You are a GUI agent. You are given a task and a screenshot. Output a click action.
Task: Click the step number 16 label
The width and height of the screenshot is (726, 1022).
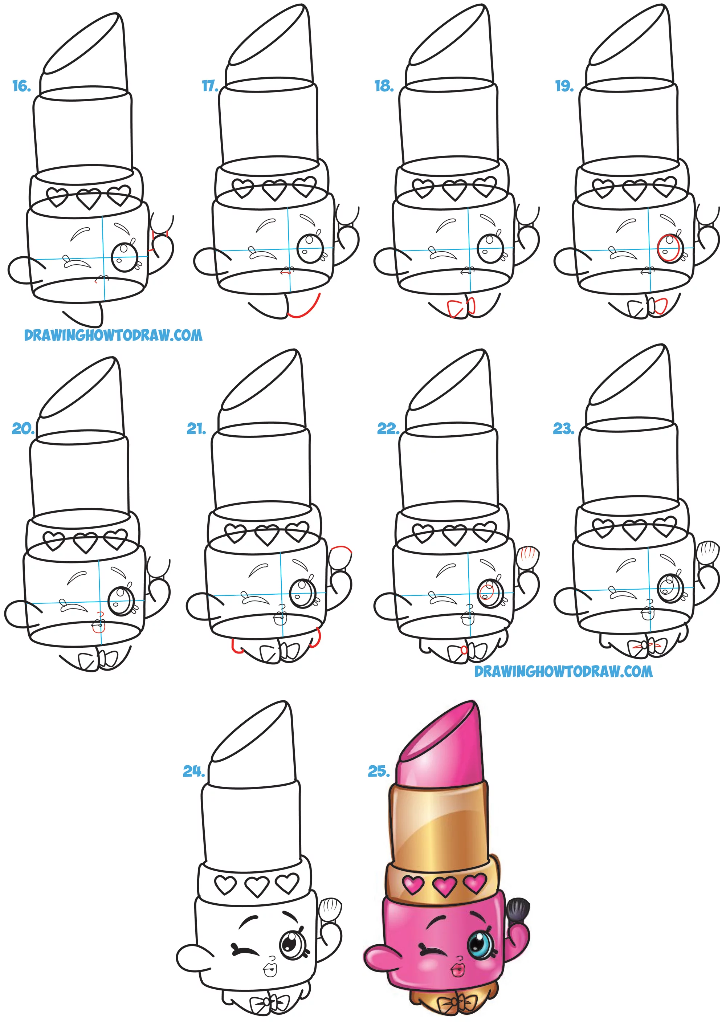(x=21, y=86)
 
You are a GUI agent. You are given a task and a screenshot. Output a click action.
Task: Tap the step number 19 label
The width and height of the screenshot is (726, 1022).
(x=564, y=86)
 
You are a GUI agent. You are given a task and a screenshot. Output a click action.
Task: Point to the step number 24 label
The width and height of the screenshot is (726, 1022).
(x=193, y=771)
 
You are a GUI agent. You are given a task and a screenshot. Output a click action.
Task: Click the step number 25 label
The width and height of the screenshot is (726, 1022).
(x=379, y=771)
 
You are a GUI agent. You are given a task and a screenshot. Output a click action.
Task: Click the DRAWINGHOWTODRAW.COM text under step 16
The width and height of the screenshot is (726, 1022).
(x=113, y=335)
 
